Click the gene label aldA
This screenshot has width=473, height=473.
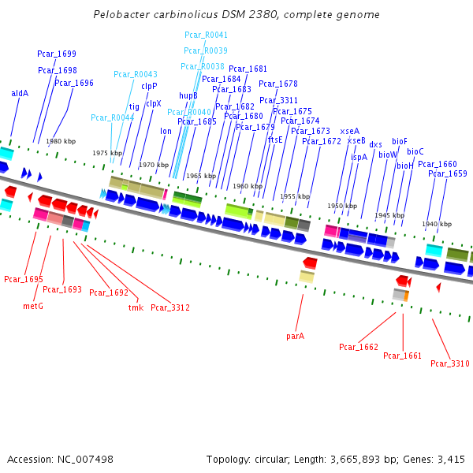20,93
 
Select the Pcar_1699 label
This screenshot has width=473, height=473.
57,54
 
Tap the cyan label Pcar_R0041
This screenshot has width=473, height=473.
206,35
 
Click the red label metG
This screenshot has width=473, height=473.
33,306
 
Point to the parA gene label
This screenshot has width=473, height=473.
296,336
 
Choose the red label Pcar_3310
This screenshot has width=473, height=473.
450,363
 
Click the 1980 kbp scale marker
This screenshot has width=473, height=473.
61,141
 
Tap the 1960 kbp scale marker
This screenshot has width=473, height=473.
247,186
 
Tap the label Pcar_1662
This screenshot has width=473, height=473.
359,347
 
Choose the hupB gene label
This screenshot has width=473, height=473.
188,95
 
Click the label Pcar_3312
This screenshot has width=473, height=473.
170,307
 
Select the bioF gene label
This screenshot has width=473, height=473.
400,141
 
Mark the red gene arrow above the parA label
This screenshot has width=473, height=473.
310,263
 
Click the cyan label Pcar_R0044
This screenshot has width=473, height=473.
113,117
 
